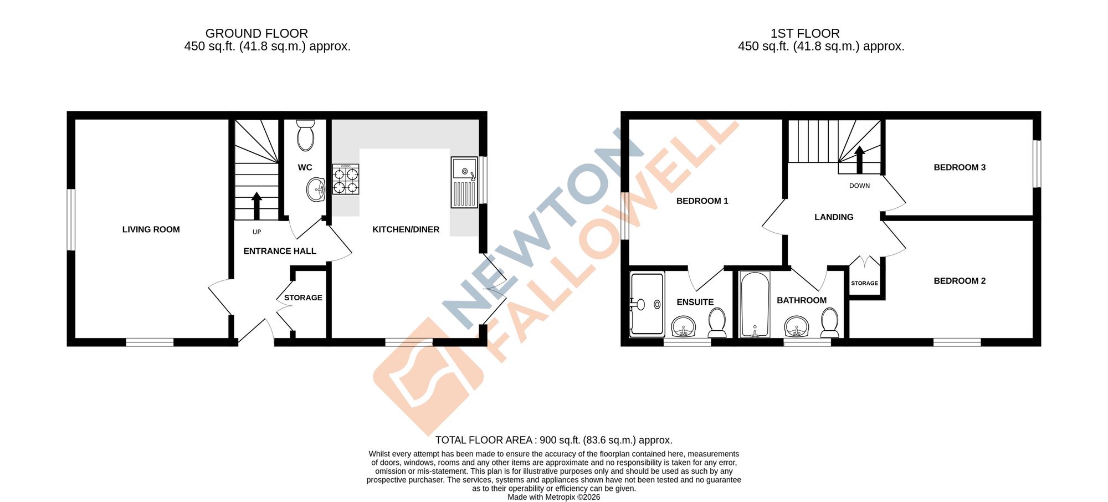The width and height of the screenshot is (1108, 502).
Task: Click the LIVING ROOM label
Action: [x=151, y=229]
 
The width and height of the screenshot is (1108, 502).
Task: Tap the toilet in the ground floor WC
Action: [x=305, y=136]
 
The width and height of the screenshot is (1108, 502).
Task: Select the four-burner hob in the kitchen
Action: [x=346, y=180]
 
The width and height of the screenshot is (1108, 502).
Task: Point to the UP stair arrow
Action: [x=257, y=206]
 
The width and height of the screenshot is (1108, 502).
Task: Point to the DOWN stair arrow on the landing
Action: [x=859, y=160]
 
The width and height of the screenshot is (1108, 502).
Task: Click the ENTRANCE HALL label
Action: [x=280, y=251]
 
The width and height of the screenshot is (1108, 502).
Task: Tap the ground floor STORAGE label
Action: [x=303, y=298]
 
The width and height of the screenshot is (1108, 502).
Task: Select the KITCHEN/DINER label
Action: [x=406, y=229]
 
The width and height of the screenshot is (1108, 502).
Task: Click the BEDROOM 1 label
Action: [x=702, y=201]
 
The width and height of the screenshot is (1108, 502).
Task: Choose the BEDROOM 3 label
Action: [x=960, y=167]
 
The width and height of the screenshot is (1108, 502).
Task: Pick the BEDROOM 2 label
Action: [x=960, y=281]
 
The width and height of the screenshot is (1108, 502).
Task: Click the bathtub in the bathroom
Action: [x=755, y=304]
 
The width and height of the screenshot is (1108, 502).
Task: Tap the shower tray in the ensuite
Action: [x=648, y=304]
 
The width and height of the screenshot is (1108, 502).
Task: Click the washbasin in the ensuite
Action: [x=684, y=326]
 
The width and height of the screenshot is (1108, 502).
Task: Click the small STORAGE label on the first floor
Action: [x=864, y=283]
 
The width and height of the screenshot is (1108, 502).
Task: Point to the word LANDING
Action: [x=834, y=217]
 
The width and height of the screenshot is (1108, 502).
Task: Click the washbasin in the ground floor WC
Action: [x=316, y=189]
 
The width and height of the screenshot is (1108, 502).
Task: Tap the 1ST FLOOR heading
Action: [x=805, y=33]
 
